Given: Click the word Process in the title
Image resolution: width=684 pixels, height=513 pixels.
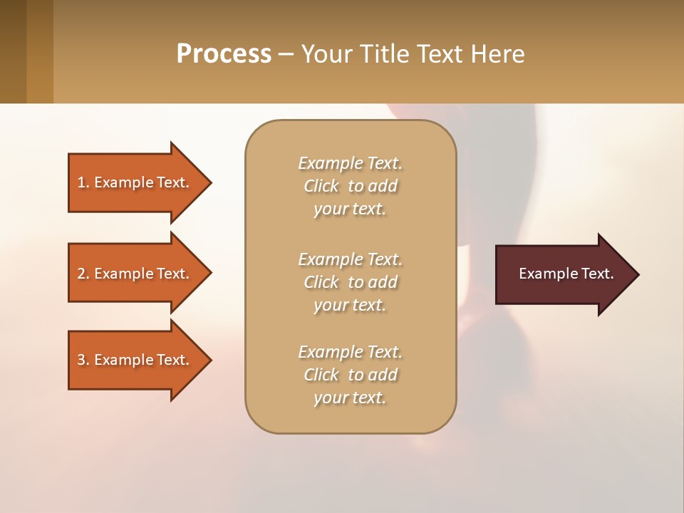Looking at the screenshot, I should (x=224, y=54).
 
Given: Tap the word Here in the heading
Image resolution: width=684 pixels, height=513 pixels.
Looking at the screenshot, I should (x=498, y=54).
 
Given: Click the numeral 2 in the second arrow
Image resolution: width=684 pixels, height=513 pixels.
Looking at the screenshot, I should (x=81, y=274).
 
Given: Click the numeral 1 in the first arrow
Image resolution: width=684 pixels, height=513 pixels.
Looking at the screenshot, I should (x=81, y=182).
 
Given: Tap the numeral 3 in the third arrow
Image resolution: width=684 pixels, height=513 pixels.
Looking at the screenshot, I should (x=81, y=360).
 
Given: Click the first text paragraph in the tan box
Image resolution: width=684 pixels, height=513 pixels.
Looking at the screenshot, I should (x=350, y=186).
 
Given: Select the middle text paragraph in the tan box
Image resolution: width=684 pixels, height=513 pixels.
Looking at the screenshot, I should (x=350, y=282).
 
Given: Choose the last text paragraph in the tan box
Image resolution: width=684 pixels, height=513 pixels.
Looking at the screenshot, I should (x=350, y=375).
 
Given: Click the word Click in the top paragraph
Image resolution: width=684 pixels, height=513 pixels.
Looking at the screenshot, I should (x=321, y=186).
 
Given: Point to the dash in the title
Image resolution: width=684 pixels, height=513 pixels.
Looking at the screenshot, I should (x=286, y=55).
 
